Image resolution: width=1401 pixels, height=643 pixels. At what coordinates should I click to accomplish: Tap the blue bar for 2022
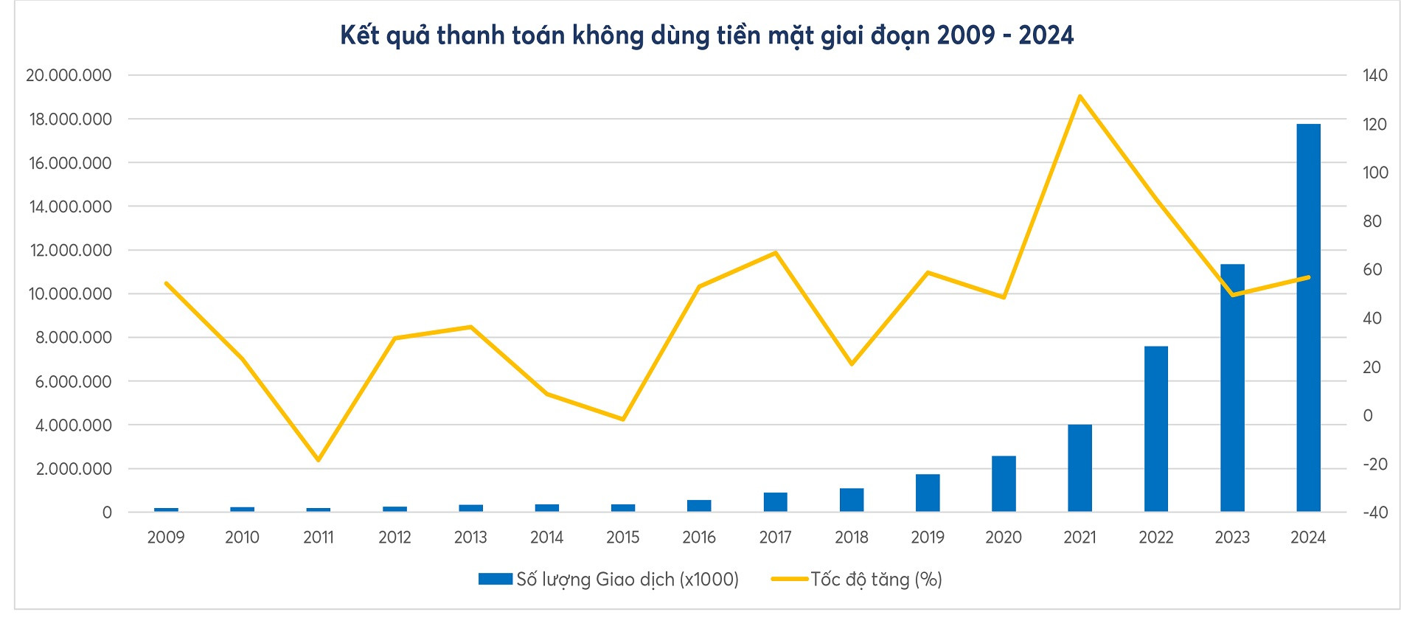1155,428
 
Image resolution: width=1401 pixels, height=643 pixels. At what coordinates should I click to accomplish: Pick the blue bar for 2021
1080,468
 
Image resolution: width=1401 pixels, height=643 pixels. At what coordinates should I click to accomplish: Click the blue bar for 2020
1004,484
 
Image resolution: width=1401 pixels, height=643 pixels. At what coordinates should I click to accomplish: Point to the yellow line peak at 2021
1080,96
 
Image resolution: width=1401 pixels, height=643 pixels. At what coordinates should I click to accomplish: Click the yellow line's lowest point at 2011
319,460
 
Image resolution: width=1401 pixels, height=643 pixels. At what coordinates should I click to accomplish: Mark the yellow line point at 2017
775,253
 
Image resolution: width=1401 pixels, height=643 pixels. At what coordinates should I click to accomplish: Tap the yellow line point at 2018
851,364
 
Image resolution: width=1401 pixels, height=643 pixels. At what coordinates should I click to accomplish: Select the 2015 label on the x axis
622,538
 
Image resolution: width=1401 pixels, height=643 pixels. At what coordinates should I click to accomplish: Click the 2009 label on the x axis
166,538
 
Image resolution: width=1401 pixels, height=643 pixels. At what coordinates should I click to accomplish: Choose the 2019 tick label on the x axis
928,538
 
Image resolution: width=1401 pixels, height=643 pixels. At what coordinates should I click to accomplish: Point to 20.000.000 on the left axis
69,75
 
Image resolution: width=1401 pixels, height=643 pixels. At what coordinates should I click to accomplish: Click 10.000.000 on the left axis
69,294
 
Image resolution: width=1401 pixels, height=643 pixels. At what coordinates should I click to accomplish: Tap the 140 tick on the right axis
1375,75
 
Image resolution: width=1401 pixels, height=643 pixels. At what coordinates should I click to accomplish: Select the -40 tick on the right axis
1374,512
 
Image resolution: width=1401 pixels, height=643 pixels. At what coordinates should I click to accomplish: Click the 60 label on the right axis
1372,270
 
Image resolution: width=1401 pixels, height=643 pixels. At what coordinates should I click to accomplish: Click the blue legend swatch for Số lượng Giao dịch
495,580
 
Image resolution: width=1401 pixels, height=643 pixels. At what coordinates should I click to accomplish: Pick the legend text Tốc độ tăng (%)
876,580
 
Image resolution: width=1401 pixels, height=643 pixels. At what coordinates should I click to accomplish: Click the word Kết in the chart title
360,35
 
